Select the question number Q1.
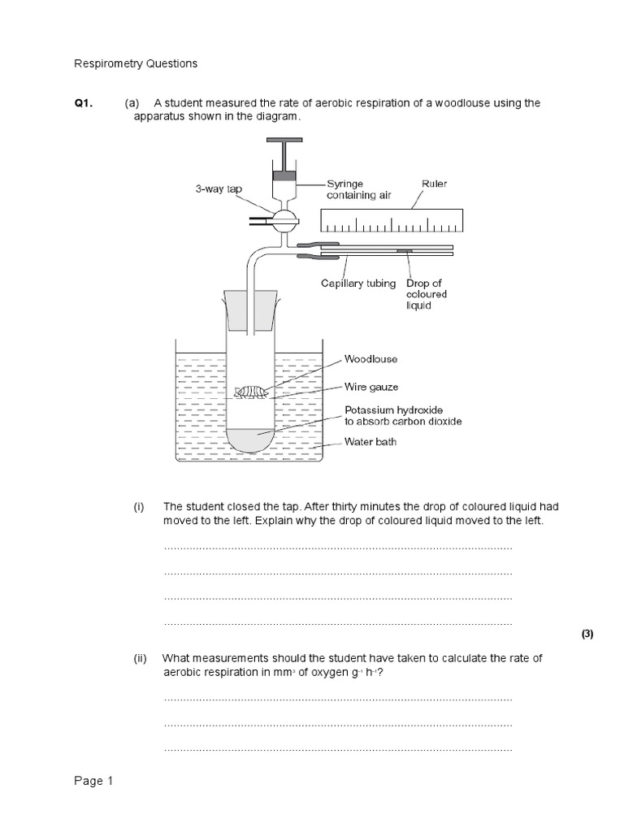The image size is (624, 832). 84,103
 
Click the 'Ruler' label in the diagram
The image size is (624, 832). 434,184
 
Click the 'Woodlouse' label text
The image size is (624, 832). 370,357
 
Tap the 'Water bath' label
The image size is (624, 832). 370,443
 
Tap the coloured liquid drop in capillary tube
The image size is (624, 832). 403,251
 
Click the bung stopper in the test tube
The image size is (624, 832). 252,313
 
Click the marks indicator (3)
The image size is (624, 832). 588,635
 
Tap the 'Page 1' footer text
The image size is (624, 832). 94,782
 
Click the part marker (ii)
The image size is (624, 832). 140,658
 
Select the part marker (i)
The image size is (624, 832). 139,506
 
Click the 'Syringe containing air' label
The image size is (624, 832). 357,190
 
